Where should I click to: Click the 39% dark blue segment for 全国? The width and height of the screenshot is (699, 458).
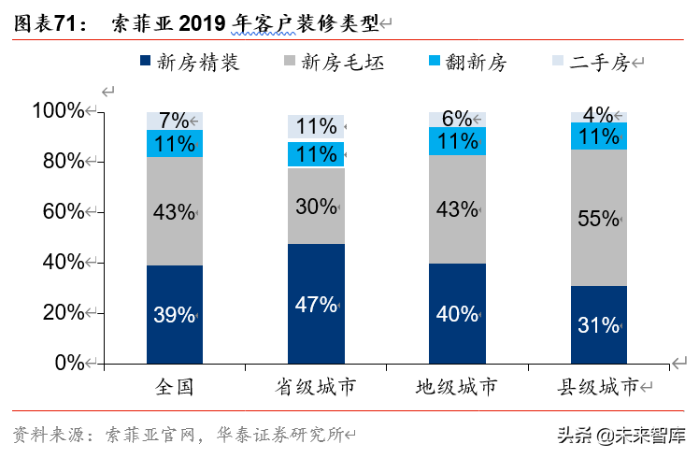click(175, 314)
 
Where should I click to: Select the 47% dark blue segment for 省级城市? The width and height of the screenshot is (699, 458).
click(316, 303)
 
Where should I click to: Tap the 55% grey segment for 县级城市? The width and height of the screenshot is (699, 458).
click(599, 218)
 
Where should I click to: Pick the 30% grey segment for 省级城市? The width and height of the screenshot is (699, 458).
click(316, 206)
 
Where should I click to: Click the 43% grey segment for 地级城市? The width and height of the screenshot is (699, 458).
click(457, 209)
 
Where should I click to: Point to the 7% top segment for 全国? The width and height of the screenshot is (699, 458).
click(175, 121)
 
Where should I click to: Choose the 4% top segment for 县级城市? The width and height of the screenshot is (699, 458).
click(599, 117)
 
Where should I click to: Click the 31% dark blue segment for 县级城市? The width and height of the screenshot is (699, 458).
click(599, 324)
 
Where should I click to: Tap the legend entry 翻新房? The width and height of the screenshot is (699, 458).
click(466, 62)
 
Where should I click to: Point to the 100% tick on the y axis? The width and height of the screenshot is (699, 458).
click(59, 110)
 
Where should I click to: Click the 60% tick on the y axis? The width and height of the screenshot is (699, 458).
click(64, 211)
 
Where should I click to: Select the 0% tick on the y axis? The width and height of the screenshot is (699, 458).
click(69, 363)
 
